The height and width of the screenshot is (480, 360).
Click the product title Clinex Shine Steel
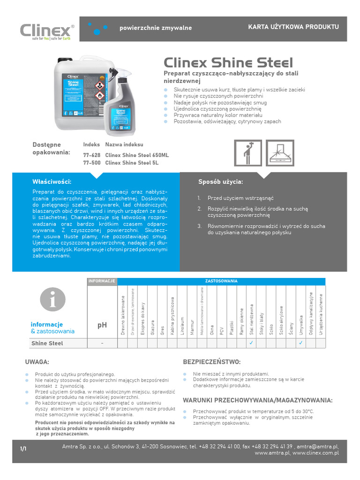coord(228,63)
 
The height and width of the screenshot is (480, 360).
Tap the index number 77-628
coord(92,155)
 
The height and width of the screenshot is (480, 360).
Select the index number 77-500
coord(92,163)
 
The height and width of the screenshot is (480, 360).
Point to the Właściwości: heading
coord(52,181)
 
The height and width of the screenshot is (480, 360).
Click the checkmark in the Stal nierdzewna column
coord(251,343)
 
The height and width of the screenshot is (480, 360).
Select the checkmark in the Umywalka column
coord(301,343)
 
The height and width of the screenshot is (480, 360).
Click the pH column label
coord(102,325)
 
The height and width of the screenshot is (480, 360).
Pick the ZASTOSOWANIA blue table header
coord(221,281)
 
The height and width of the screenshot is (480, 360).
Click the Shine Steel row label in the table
coord(47,344)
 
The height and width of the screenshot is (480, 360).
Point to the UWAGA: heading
coord(37,362)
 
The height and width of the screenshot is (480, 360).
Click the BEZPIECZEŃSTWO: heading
coord(211,362)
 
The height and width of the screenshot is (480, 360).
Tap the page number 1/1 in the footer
coord(23,449)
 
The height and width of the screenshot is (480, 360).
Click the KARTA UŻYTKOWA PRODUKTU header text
coord(293,27)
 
